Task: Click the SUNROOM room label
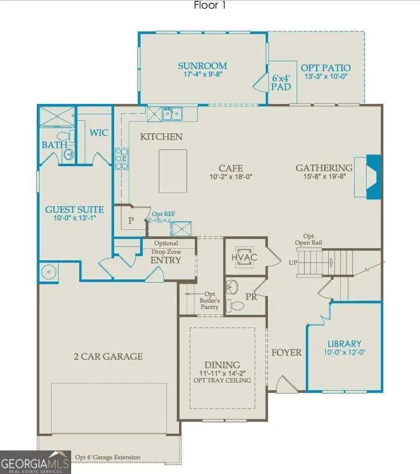(202, 66)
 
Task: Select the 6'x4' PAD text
(281, 82)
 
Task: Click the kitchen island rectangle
(173, 171)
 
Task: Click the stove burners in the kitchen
(122, 159)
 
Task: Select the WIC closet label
(99, 133)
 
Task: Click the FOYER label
(286, 352)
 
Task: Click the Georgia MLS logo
(36, 462)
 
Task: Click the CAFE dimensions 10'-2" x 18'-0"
(230, 177)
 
